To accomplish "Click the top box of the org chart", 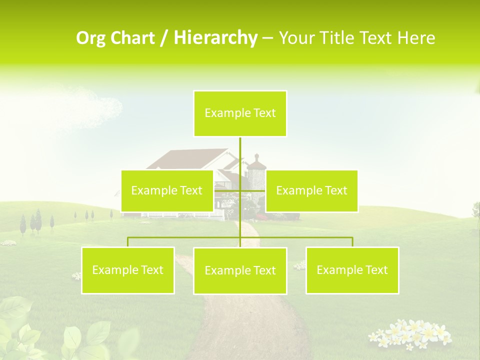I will (x=240, y=113).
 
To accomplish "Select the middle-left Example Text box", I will (x=167, y=190).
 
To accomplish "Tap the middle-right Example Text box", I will (x=311, y=190).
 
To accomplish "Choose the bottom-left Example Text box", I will (x=128, y=270).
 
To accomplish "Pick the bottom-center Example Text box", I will (x=240, y=270).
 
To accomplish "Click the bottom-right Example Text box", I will (x=352, y=270).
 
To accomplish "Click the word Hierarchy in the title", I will (x=215, y=38).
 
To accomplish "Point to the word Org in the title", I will (x=91, y=38).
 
